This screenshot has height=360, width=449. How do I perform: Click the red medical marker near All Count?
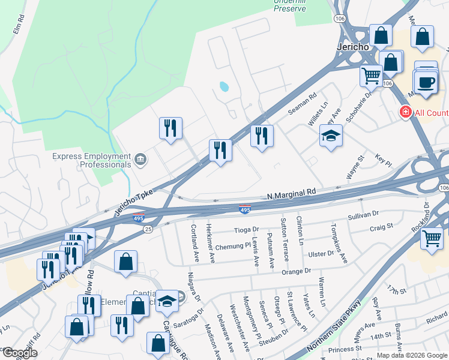tap(406, 112)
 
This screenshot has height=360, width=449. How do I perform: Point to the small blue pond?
tap(224, 86)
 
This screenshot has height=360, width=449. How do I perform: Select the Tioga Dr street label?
tap(246, 229)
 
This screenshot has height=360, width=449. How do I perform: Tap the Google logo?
tap(20, 353)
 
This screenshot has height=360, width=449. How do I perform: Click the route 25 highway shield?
tap(148, 229)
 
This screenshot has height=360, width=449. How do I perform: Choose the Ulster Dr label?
tap(321, 254)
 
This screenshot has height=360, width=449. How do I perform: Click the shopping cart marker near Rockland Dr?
tap(432, 238)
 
